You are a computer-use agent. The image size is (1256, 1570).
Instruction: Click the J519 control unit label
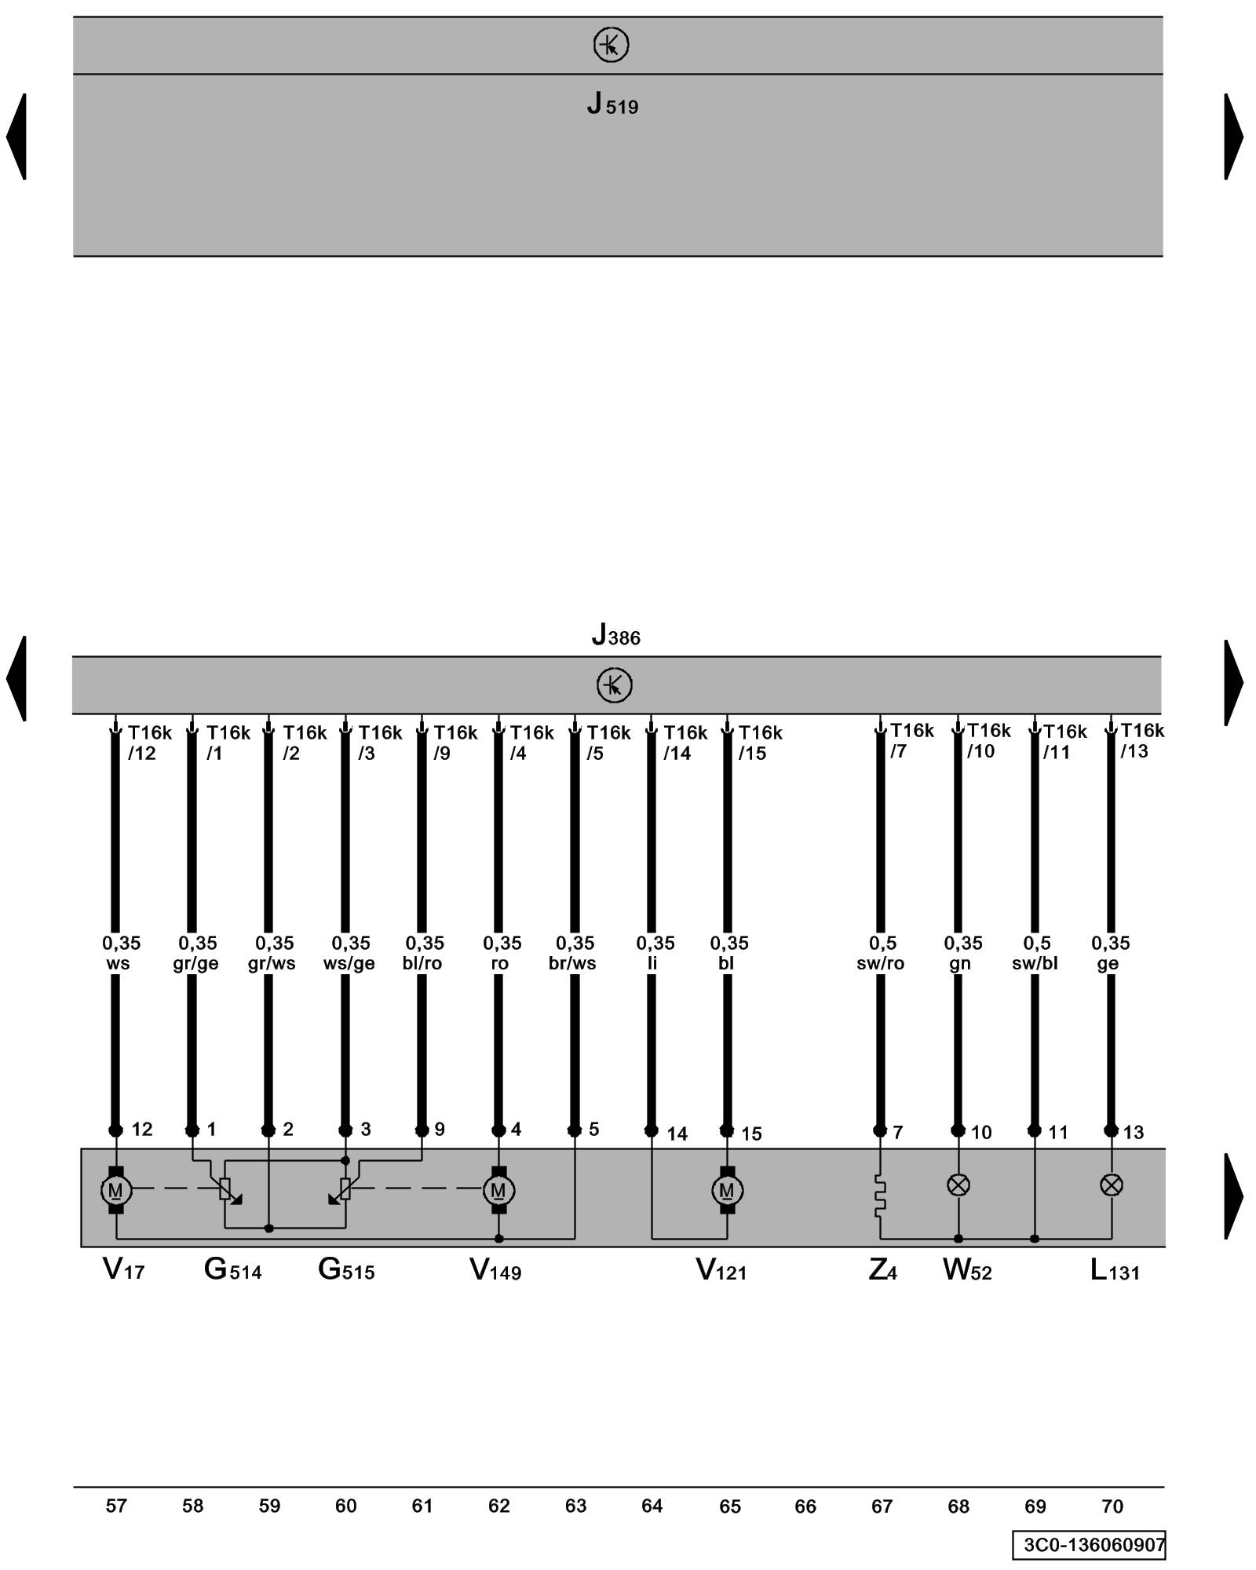[x=612, y=104]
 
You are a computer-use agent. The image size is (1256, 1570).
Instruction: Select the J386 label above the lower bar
[x=615, y=635]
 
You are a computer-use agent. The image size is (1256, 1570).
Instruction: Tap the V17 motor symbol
[x=115, y=1190]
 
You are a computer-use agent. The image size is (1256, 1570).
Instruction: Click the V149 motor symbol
[x=498, y=1190]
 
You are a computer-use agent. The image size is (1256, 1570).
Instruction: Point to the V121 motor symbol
[x=727, y=1190]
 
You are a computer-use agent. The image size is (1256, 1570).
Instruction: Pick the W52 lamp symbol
[x=958, y=1185]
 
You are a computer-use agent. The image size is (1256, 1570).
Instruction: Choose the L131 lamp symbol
[x=1111, y=1185]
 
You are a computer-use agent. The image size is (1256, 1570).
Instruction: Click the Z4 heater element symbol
[x=880, y=1196]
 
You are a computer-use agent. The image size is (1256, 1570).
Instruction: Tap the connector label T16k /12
[x=148, y=743]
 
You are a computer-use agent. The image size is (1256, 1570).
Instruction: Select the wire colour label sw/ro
[x=880, y=963]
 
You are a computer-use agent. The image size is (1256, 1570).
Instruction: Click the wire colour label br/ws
[x=572, y=963]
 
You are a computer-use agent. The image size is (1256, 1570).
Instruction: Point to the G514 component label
[x=232, y=1269]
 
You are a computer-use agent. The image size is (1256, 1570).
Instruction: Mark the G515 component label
[x=346, y=1269]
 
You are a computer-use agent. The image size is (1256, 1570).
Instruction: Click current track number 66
[x=805, y=1506]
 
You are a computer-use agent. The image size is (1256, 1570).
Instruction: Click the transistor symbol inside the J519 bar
[x=611, y=45]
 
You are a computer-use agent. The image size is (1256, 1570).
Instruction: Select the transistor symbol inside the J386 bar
[x=614, y=685]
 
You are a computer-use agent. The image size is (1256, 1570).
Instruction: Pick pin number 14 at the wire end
[x=677, y=1134]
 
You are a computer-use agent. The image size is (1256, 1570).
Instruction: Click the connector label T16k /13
[x=1141, y=741]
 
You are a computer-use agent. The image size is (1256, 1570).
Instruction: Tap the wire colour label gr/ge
[x=195, y=963]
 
